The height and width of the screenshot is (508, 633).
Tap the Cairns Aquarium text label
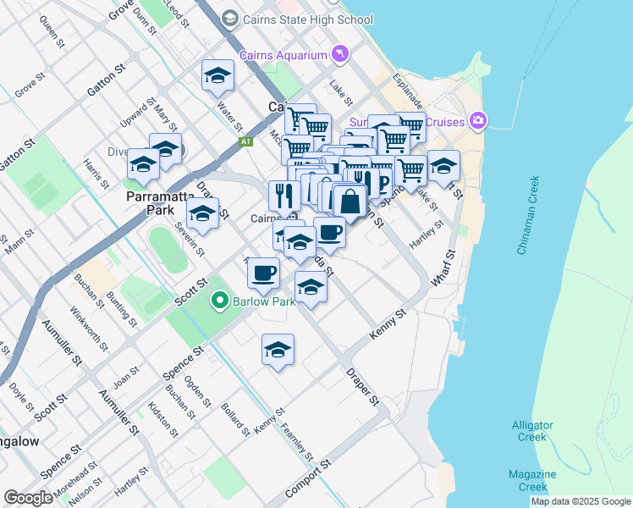[x=283, y=55]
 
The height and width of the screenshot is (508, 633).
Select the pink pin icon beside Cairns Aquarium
[x=339, y=54]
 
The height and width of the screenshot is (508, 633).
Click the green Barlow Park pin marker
[x=220, y=301]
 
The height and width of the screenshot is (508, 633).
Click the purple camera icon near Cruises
[x=479, y=120]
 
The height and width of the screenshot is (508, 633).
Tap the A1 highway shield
[x=246, y=142]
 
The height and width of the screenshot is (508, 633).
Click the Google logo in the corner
[x=29, y=498]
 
